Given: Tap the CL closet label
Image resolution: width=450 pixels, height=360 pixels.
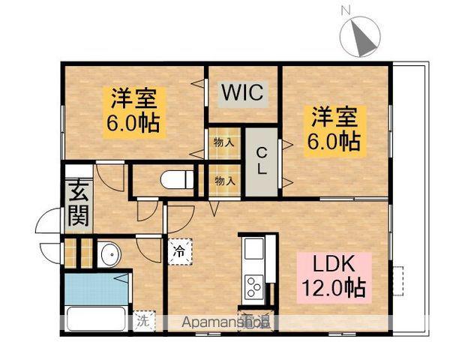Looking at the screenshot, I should coord(261,160).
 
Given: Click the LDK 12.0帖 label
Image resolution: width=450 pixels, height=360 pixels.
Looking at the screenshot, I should coord(334,275).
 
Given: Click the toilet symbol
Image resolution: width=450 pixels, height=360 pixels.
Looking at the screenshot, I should coord(177,180).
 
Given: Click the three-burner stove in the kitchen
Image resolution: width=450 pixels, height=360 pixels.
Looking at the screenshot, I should coord(253,286).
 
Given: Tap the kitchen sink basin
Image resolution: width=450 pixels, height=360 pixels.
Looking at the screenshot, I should coord(253,248).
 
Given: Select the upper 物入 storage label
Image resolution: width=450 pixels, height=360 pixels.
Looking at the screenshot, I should coord(223,142).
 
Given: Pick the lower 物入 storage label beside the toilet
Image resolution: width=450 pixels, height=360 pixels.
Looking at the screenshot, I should coord(223,180).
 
